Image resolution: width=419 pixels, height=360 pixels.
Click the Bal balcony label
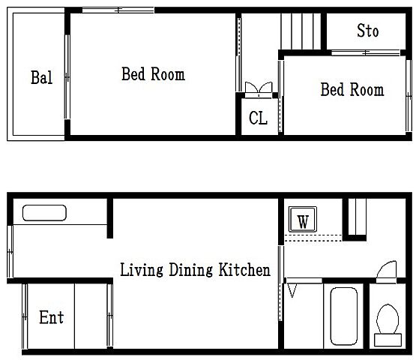(x=41, y=77)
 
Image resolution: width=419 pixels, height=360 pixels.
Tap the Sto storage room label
(x=368, y=31)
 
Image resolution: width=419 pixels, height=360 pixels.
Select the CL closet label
(x=258, y=118)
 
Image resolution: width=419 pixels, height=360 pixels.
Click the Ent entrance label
(x=51, y=317)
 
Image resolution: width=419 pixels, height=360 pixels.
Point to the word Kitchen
(x=244, y=269)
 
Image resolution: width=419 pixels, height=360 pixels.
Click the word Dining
(x=191, y=270)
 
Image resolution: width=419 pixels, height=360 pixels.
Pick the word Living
(x=142, y=270)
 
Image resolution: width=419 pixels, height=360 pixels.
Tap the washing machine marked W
(x=303, y=219)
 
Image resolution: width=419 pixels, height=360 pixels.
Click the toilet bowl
(x=388, y=319)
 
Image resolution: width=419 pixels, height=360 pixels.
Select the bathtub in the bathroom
(x=343, y=316)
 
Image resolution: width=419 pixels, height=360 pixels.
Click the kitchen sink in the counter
(x=44, y=213)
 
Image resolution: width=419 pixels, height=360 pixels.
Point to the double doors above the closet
(x=259, y=89)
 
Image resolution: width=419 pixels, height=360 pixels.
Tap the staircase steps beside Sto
(x=301, y=31)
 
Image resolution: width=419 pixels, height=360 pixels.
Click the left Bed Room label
(x=153, y=74)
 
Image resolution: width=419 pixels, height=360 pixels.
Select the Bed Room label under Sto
(x=352, y=89)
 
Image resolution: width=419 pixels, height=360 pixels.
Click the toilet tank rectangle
(x=388, y=340)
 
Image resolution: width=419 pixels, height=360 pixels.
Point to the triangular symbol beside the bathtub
(x=292, y=290)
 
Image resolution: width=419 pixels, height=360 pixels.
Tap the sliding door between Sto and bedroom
(x=366, y=52)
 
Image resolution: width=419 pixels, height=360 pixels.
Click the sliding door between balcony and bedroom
(x=67, y=76)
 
